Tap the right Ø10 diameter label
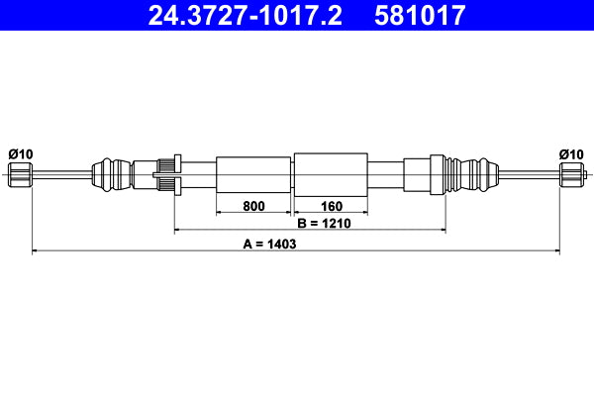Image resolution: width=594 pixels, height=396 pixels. point(571,153)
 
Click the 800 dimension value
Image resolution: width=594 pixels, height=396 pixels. point(253,207)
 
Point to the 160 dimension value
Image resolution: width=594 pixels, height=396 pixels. point(331,207)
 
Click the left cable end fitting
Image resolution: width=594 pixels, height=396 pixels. point(21,175)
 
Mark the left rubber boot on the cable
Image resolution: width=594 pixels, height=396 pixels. point(111,175)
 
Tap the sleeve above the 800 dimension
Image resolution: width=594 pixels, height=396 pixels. point(253,174)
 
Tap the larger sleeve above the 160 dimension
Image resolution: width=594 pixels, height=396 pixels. point(331,174)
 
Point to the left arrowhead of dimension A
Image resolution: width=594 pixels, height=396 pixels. point(37,251)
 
